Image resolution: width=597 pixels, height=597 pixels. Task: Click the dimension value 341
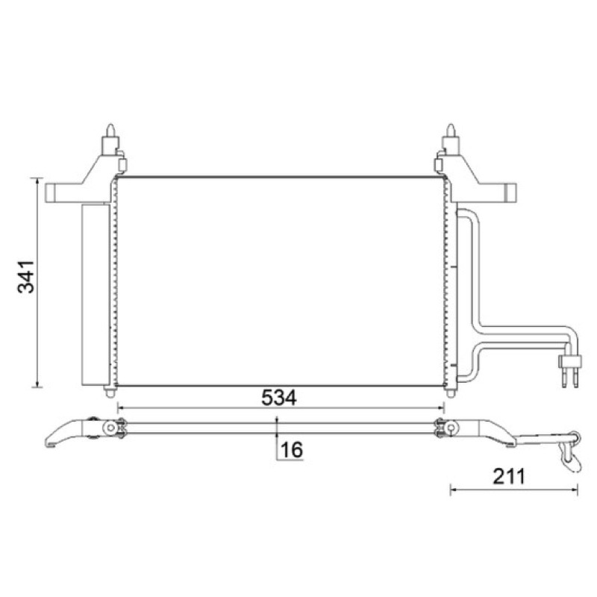click(26, 276)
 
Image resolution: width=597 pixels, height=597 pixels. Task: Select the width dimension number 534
click(278, 398)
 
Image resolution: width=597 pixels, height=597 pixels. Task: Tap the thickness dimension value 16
click(291, 450)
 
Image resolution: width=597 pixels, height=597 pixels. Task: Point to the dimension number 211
click(509, 476)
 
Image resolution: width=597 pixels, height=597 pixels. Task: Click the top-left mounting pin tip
click(110, 125)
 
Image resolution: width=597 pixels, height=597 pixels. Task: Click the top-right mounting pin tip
click(451, 125)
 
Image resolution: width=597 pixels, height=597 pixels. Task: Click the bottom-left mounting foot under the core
click(110, 391)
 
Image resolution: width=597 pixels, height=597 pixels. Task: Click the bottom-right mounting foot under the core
click(451, 392)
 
